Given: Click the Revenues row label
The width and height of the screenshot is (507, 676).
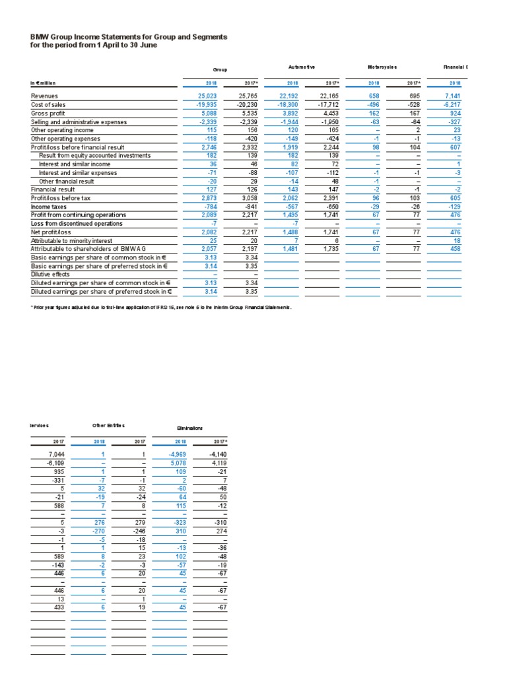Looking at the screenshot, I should pos(46,96).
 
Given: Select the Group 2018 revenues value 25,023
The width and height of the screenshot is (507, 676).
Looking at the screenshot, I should pos(197,96).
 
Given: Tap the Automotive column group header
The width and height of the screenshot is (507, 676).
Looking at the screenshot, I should pos(302,67).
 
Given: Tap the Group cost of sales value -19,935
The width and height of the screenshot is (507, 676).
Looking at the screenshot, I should pos(195,105).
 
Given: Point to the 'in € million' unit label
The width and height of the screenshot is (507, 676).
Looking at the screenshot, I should pos(44,83).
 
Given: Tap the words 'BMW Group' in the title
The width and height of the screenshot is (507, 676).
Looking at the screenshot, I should pos(51,38).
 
